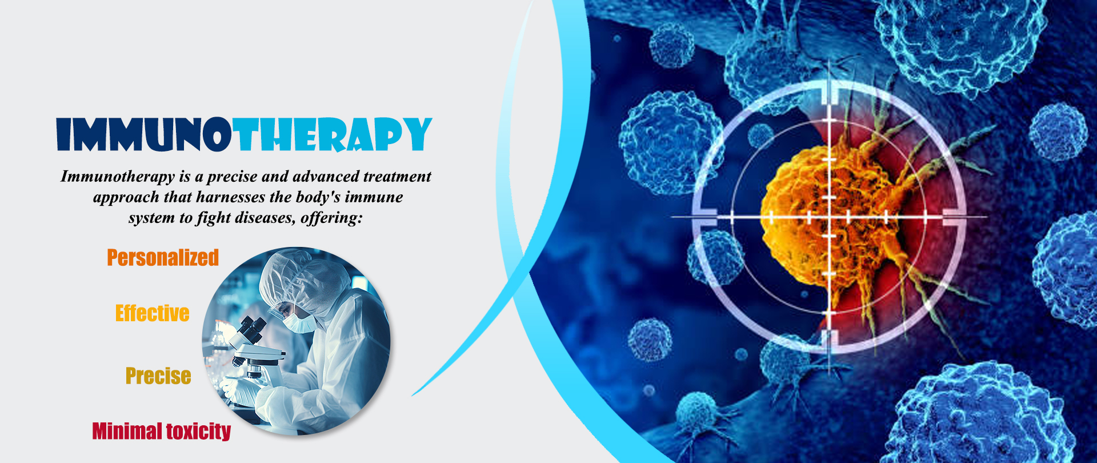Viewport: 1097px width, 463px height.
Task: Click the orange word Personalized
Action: tap(163, 258)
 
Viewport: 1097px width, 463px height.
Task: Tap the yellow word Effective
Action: tap(153, 313)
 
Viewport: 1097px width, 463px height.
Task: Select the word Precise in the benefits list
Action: tap(158, 376)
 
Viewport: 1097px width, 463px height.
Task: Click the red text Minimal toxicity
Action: tap(162, 431)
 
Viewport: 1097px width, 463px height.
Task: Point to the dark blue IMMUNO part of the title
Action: tap(144, 135)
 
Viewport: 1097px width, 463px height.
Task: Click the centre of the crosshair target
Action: tap(829, 217)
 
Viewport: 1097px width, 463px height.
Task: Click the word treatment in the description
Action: tap(397, 177)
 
